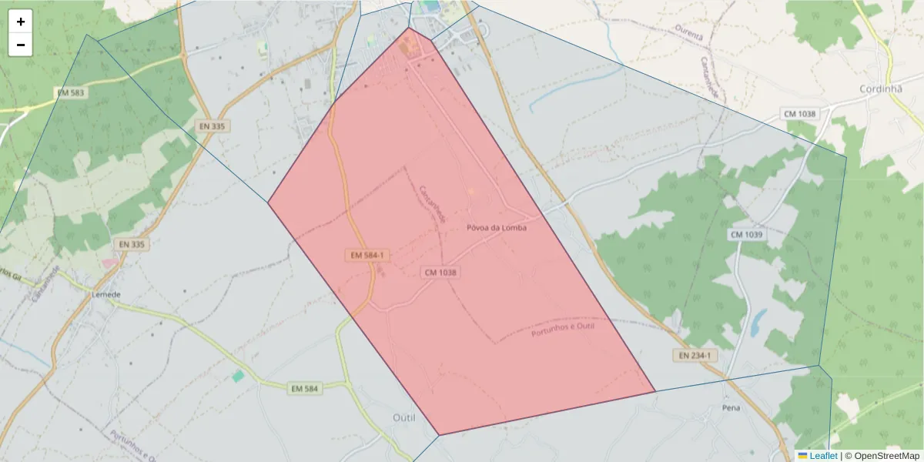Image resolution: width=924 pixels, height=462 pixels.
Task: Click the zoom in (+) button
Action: pos(21,22)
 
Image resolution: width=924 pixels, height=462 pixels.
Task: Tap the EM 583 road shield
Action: pos(72,92)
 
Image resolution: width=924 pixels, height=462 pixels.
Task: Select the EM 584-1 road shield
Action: pos(367,255)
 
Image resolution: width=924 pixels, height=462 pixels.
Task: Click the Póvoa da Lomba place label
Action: pos(497,228)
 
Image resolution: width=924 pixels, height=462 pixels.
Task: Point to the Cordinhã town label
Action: pos(880,89)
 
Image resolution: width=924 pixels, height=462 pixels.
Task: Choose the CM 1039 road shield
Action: pos(746,234)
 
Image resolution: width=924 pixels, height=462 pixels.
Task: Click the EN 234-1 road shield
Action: pos(695,356)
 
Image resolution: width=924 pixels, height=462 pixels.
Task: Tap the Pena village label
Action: pos(731,407)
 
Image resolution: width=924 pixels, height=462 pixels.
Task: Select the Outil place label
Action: pos(403,417)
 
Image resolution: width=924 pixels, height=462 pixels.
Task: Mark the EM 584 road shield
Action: pos(305,389)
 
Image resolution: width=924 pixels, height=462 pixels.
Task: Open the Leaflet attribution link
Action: pos(822,456)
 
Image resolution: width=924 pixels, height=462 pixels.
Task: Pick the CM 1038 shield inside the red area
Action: pos(440,273)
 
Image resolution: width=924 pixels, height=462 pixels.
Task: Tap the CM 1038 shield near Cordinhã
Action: pos(799,114)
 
